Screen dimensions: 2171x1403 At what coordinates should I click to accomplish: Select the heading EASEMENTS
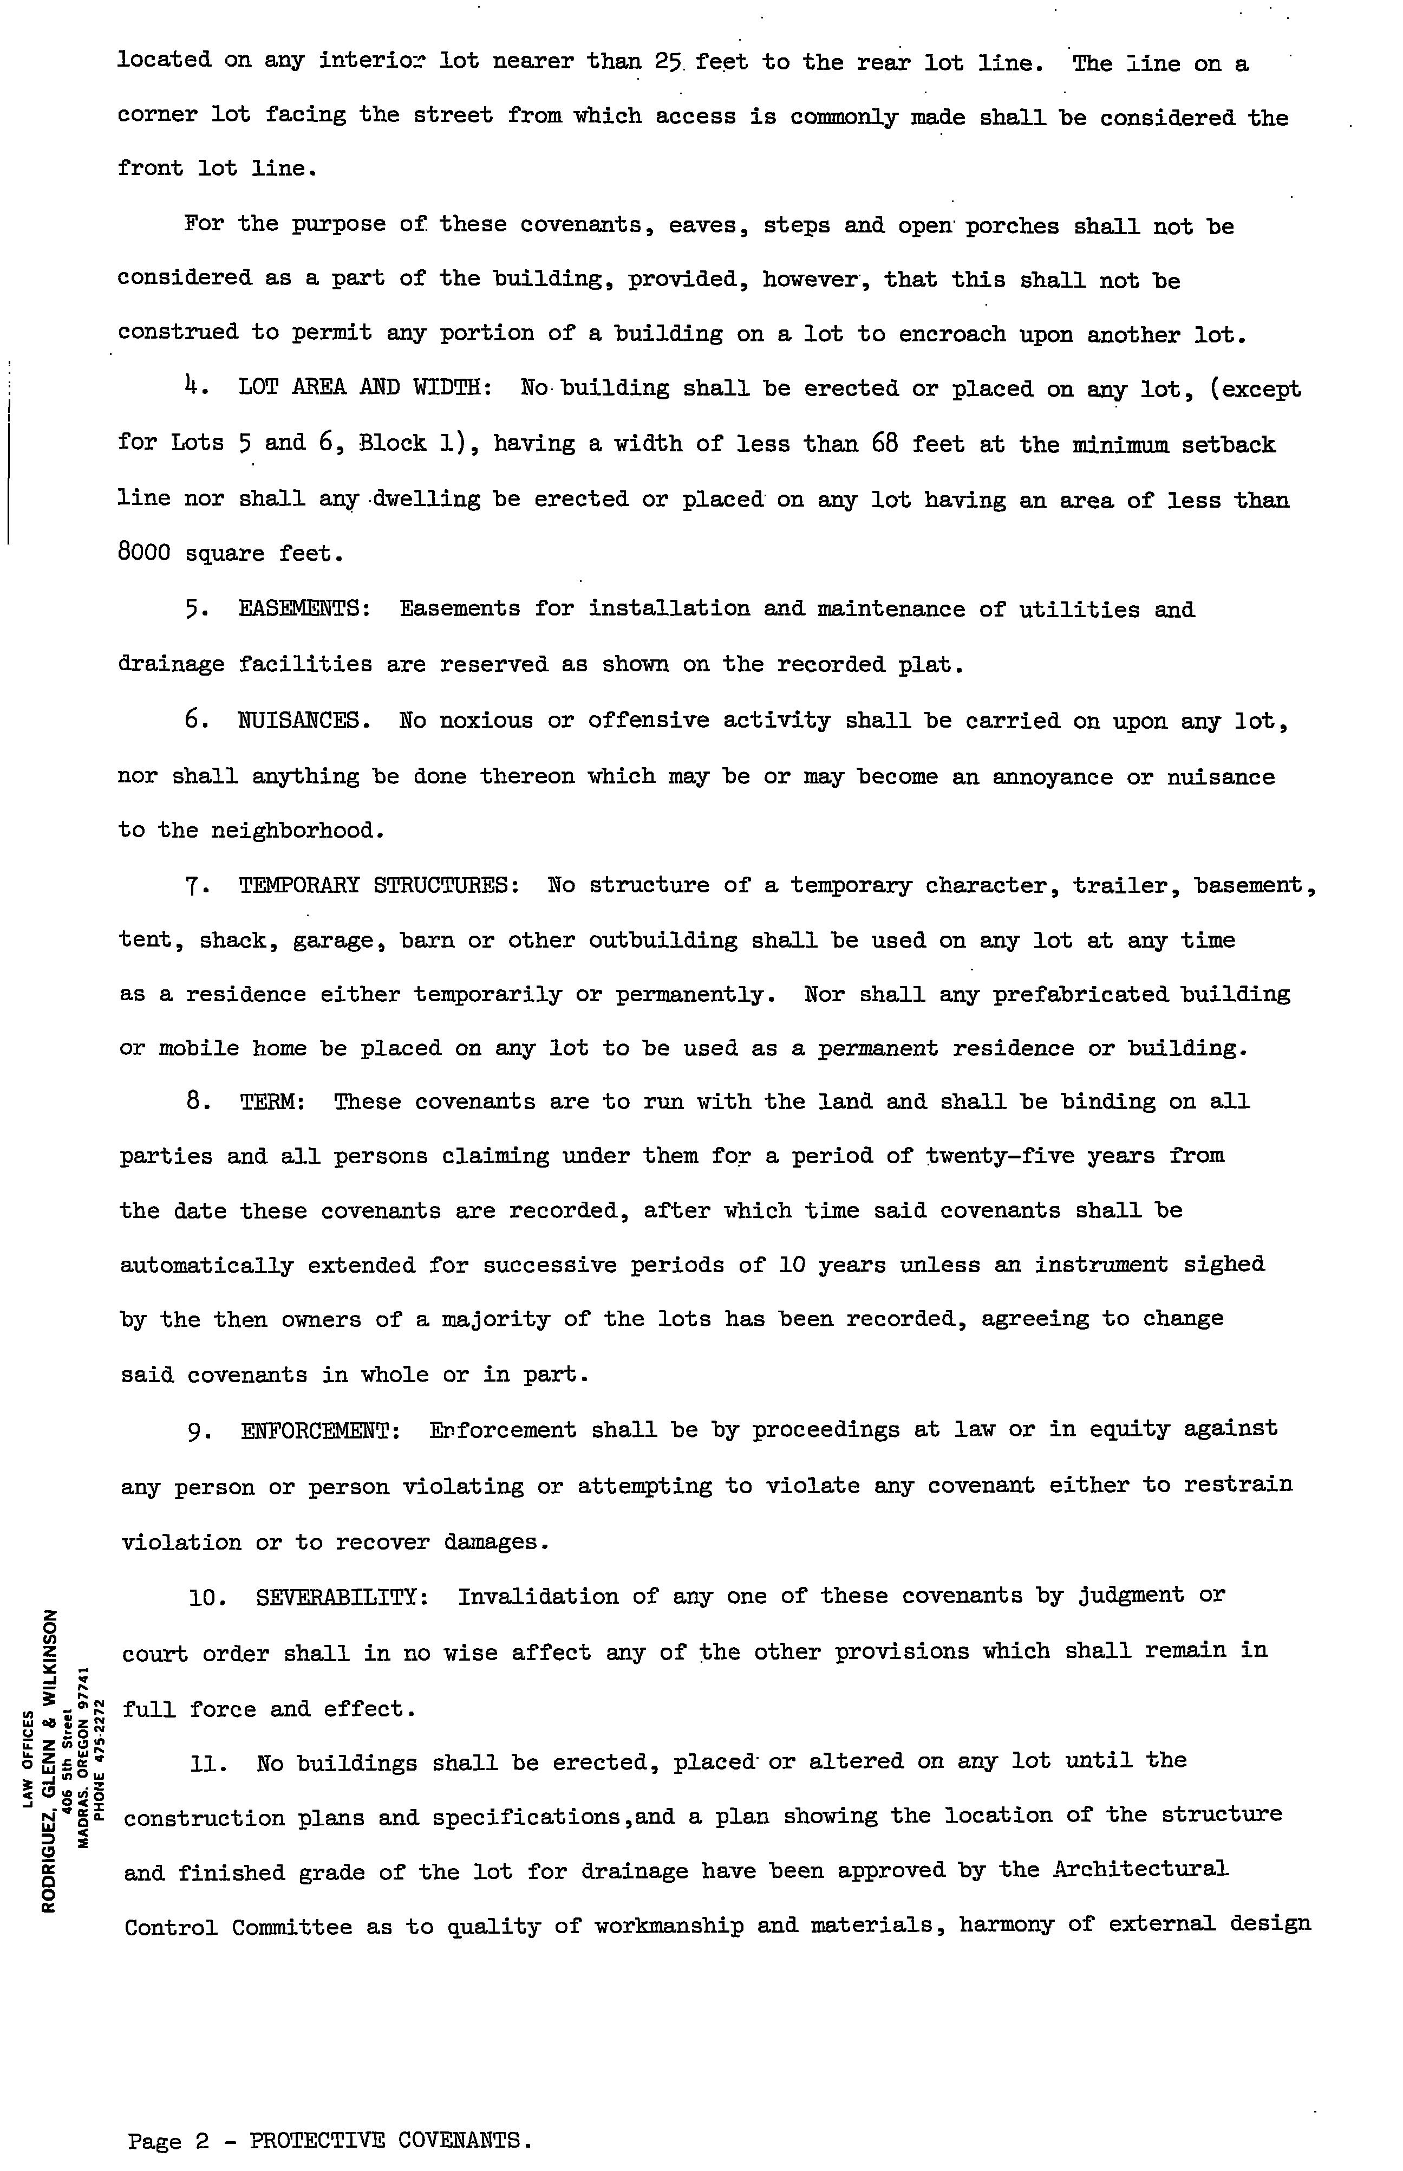pyautogui.click(x=303, y=609)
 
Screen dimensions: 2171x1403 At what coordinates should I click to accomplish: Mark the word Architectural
pyautogui.click(x=1140, y=1870)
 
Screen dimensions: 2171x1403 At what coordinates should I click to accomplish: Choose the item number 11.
pyautogui.click(x=208, y=1762)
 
